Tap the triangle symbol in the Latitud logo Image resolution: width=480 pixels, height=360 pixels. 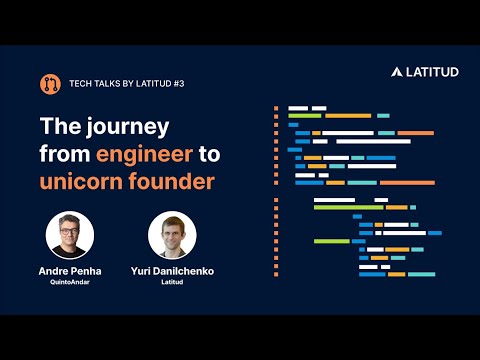(397, 72)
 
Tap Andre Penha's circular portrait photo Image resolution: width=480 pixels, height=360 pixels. (70, 235)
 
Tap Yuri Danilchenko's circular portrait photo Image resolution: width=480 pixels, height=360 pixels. (172, 235)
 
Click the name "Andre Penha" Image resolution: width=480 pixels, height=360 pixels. (70, 271)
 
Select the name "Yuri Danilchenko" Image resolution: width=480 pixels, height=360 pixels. (172, 271)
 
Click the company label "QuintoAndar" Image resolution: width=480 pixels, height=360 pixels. (70, 282)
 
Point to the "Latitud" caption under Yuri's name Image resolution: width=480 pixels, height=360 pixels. (172, 282)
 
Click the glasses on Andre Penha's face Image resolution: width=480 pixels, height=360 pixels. (70, 229)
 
